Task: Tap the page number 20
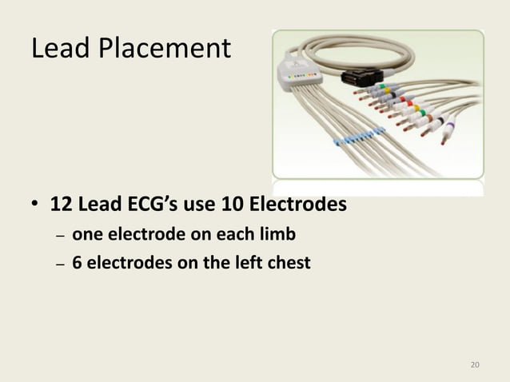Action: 476,365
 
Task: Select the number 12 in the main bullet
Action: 60,205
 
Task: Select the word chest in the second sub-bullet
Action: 285,261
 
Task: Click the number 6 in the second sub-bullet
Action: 78,261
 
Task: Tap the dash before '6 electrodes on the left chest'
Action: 59,262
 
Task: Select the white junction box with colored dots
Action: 301,74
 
